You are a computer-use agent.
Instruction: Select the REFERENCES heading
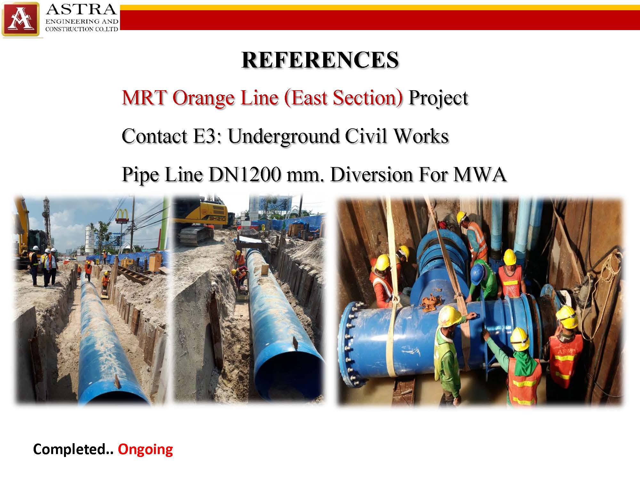click(320, 60)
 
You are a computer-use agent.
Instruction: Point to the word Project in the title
click(438, 98)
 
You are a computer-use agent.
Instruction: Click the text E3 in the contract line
click(205, 136)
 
